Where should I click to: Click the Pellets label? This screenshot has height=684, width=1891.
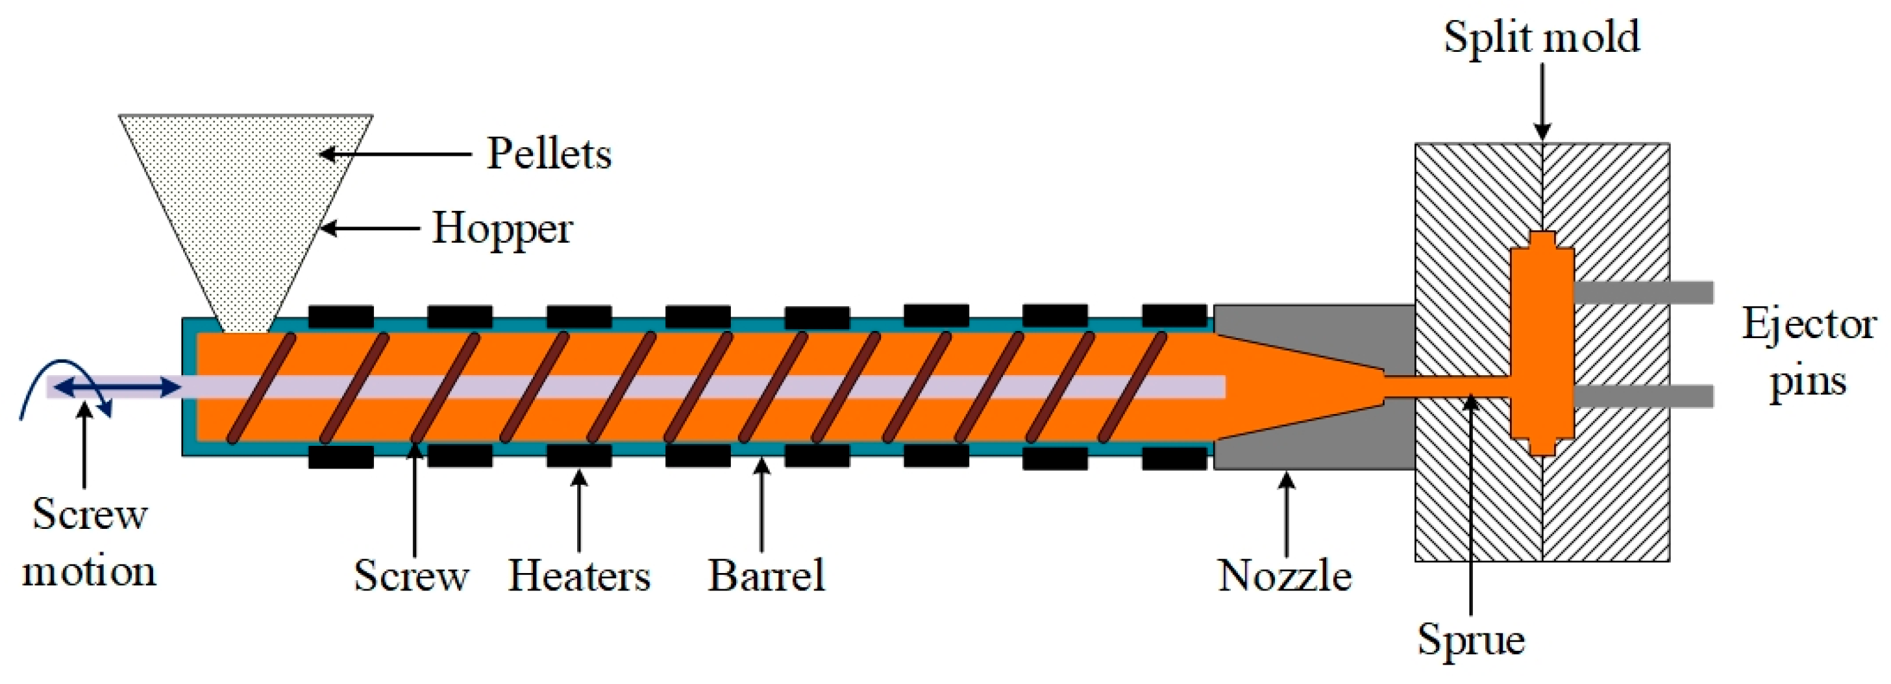coord(549,154)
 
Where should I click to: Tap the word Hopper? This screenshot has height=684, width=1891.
coord(502,228)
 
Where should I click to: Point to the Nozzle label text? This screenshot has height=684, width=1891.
coord(1285,576)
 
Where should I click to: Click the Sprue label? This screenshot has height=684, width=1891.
coord(1470,639)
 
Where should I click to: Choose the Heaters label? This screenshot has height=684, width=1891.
coord(579,576)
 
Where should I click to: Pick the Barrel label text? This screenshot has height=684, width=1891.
coord(765,576)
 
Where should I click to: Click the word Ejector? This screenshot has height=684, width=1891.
coord(1809,324)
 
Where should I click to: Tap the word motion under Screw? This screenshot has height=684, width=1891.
coord(90,572)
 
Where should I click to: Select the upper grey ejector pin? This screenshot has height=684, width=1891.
coord(1643,293)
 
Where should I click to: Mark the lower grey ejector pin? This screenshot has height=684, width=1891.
coord(1643,397)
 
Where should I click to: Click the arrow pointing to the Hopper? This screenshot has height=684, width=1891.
coord(371,228)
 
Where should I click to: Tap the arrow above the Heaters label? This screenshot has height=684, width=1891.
coord(579,511)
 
